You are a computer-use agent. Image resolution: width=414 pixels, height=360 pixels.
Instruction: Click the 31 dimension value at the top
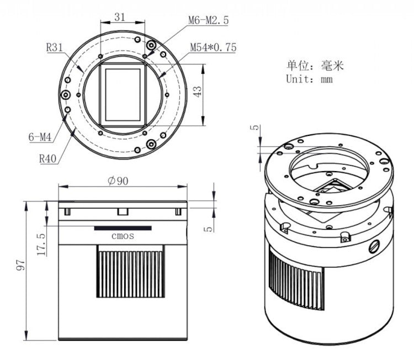point(119,17)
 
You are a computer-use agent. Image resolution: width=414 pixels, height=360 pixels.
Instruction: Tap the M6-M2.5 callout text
point(208,20)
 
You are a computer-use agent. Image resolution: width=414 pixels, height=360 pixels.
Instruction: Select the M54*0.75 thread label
point(213,47)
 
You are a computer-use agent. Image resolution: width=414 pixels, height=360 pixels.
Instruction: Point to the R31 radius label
point(55,47)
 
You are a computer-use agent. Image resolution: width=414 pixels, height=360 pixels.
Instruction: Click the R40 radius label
point(49,158)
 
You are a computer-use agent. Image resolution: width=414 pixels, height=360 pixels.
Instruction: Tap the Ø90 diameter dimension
point(118,181)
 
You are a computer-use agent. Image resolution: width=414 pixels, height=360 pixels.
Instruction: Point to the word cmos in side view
point(123,236)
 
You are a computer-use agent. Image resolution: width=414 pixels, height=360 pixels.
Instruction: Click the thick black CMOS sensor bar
point(123,227)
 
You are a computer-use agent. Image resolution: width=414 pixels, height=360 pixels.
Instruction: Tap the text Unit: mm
point(309,78)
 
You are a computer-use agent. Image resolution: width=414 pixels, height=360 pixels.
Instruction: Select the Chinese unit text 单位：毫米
point(315,65)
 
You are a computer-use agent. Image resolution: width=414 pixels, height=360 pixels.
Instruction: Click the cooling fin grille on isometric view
point(295,276)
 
